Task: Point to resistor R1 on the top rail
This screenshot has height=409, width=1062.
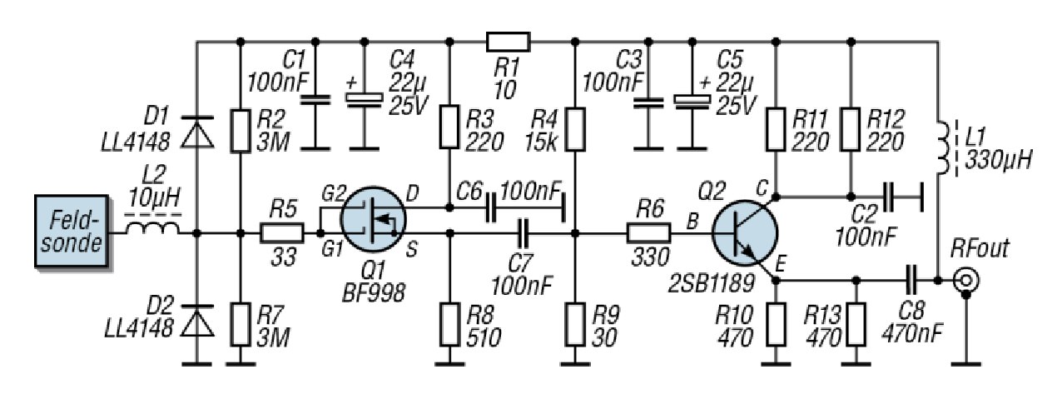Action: point(508,41)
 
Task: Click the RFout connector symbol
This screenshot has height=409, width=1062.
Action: point(965,280)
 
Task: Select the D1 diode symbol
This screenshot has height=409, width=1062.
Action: point(197,132)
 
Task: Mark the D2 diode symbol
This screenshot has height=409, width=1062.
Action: point(197,321)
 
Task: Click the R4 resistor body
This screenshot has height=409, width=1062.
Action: point(575,128)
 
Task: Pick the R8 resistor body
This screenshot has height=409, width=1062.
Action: point(449,323)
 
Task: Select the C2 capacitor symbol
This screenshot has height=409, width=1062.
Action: point(891,197)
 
